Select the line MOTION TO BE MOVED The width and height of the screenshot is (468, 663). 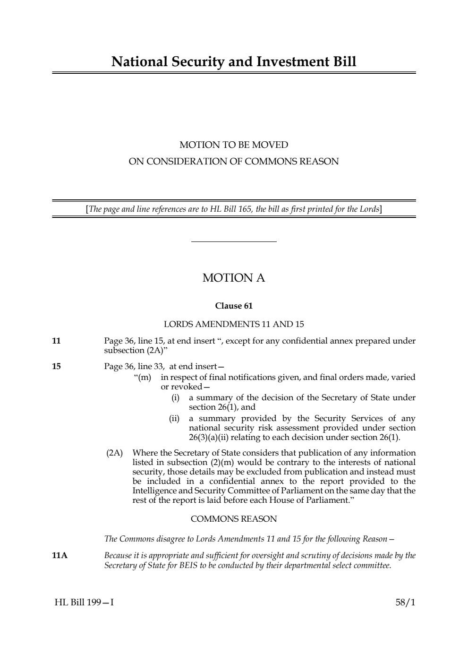(x=234, y=145)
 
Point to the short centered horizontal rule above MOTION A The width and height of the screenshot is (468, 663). (x=234, y=242)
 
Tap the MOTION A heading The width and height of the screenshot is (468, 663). (x=234, y=278)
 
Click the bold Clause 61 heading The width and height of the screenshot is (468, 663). (x=234, y=306)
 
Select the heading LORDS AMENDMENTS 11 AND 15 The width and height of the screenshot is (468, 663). (x=234, y=324)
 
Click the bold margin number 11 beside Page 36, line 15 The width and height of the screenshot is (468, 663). (x=56, y=341)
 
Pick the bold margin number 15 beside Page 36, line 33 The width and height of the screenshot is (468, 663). (x=56, y=366)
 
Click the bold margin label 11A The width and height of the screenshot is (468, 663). (x=60, y=556)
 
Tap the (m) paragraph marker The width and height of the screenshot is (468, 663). (x=143, y=377)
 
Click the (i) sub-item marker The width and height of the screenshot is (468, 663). (x=175, y=398)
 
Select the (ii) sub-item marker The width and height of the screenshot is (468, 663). (x=174, y=419)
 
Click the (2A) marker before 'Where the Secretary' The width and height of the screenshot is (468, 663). (x=114, y=453)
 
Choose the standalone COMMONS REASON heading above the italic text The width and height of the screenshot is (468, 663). (x=234, y=519)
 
